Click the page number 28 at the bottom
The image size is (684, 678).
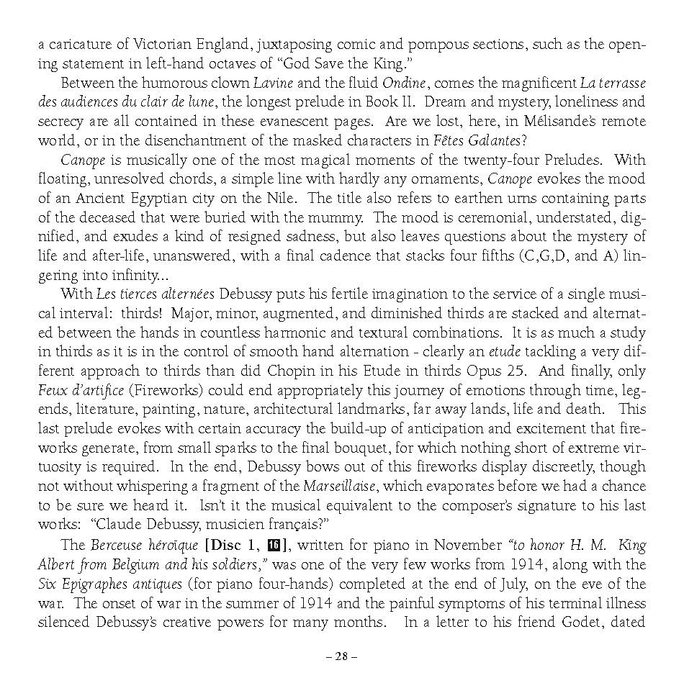[341, 656]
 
